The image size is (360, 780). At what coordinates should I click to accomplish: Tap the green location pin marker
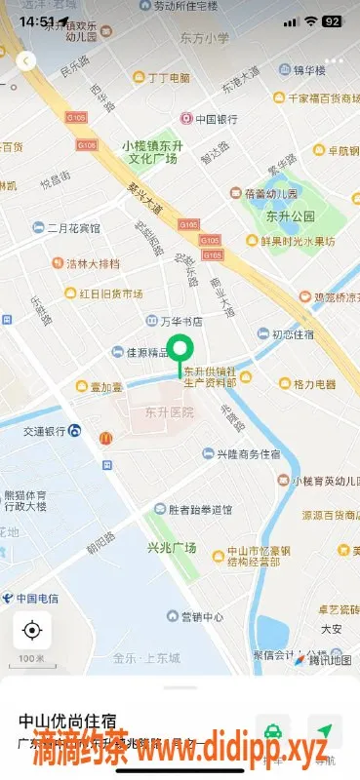[180, 350]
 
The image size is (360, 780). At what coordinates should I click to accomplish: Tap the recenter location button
[31, 630]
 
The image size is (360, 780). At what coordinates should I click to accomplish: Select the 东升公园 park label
[290, 215]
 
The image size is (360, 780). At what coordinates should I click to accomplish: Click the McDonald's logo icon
[105, 439]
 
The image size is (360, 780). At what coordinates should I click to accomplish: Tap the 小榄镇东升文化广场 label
[151, 151]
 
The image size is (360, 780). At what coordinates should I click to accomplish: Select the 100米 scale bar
[31, 660]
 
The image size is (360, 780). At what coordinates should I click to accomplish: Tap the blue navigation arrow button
[324, 731]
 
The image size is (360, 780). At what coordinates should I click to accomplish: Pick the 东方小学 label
[205, 38]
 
